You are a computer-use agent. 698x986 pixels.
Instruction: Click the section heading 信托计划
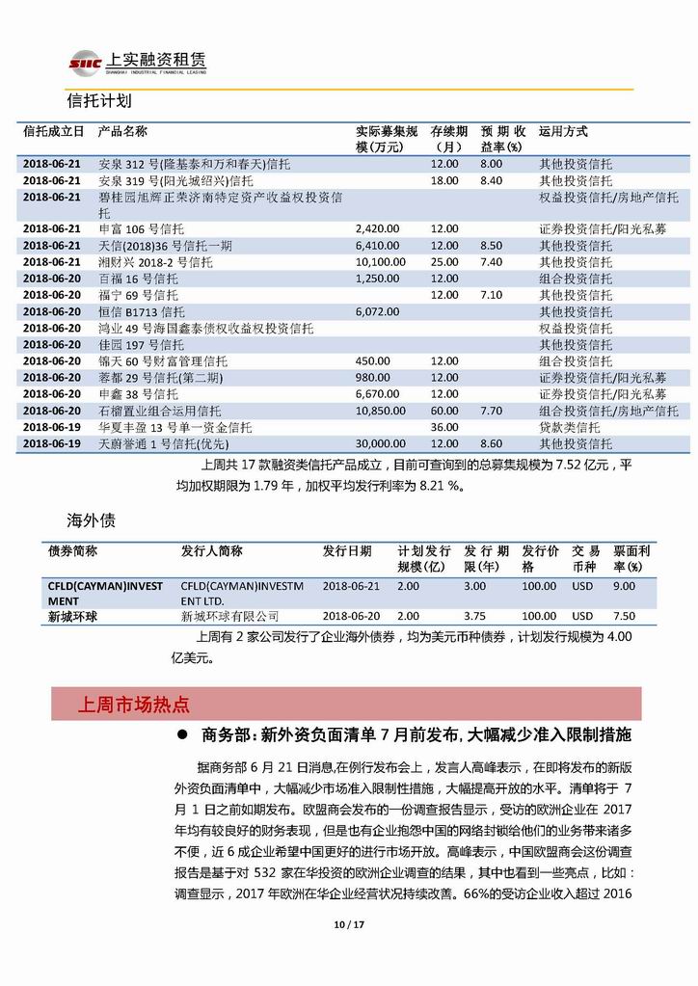[100, 100]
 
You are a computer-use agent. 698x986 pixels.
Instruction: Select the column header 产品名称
[122, 131]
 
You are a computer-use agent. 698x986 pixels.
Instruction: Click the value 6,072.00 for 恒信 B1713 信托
[375, 311]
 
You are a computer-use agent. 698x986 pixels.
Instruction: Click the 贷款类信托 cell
[569, 427]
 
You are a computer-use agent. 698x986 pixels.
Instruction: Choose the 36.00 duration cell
[443, 427]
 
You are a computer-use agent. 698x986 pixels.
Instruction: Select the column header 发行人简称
[211, 550]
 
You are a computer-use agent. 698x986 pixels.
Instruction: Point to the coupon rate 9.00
[625, 585]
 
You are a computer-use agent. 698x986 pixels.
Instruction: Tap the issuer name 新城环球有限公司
[229, 616]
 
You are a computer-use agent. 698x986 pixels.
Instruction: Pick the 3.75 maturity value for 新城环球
[474, 616]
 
